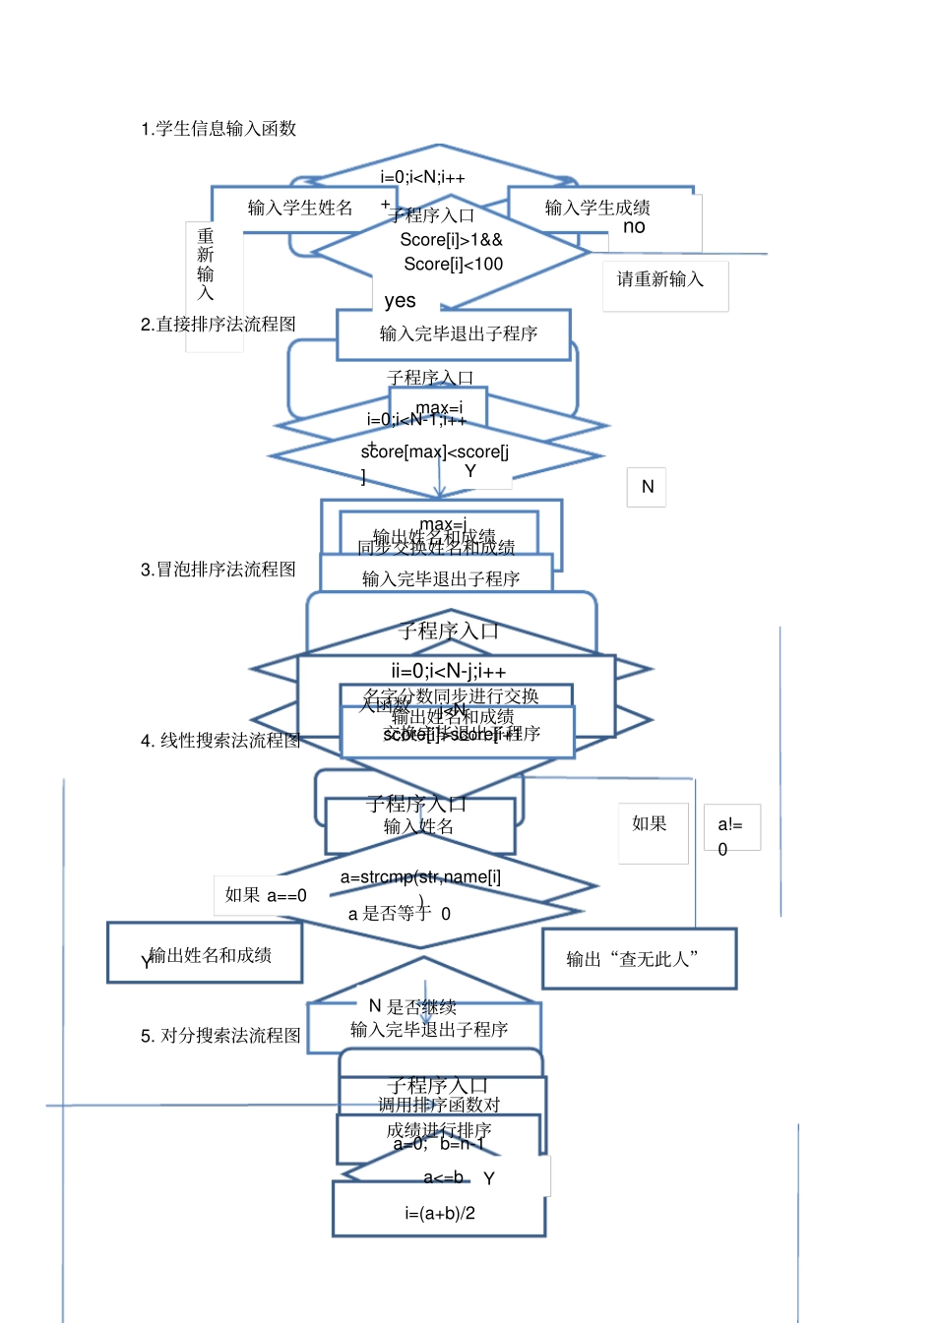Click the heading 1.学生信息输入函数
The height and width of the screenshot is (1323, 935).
pos(218,129)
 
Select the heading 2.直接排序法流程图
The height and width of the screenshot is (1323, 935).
pos(218,325)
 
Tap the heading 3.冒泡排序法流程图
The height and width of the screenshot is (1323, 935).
pos(218,570)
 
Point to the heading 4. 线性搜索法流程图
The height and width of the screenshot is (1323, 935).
pos(220,741)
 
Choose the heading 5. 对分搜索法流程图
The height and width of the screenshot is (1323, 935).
pos(220,1036)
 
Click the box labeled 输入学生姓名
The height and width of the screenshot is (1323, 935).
pos(299,208)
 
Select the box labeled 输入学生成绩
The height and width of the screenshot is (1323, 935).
pos(597,208)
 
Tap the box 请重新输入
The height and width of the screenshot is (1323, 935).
pos(661,280)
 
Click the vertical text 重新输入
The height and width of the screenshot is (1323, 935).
pos(206,264)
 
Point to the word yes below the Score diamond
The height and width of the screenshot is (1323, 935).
pos(400,301)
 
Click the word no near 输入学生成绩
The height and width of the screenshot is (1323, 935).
pos(635,227)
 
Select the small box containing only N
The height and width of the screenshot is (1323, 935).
pos(647,487)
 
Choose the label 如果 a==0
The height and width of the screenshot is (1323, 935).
pos(266,895)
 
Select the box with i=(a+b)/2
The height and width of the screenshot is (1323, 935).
pos(439,1213)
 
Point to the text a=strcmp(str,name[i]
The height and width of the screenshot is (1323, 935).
pos(420,877)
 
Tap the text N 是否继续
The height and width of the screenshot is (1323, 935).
pos(412,1007)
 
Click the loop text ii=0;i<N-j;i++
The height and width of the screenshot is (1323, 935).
pos(449,672)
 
